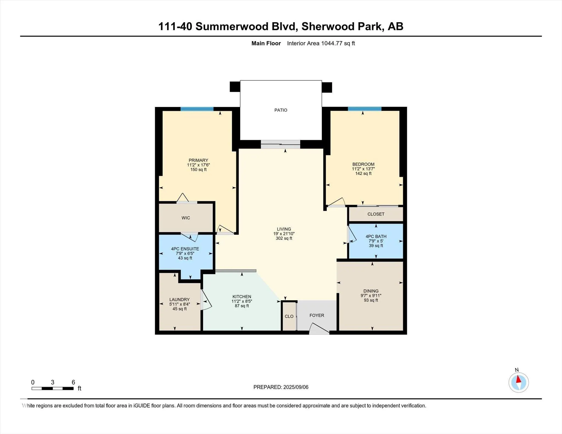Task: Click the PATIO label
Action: coord(281,110)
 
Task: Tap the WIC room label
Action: coord(186,218)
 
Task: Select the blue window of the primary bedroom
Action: coord(197,109)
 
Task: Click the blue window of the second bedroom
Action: coord(364,109)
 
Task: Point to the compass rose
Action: coord(518,382)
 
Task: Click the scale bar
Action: coord(52,388)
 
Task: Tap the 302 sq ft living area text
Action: coord(284,239)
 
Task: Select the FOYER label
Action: coord(317,315)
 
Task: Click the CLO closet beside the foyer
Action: coord(289,316)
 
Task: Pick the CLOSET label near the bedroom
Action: coord(376,214)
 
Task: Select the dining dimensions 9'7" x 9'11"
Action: coord(371,296)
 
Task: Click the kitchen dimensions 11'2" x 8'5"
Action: coord(241,301)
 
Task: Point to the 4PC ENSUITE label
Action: coord(185,249)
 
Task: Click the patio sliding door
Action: coord(280,144)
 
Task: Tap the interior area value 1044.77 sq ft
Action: coord(338,43)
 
